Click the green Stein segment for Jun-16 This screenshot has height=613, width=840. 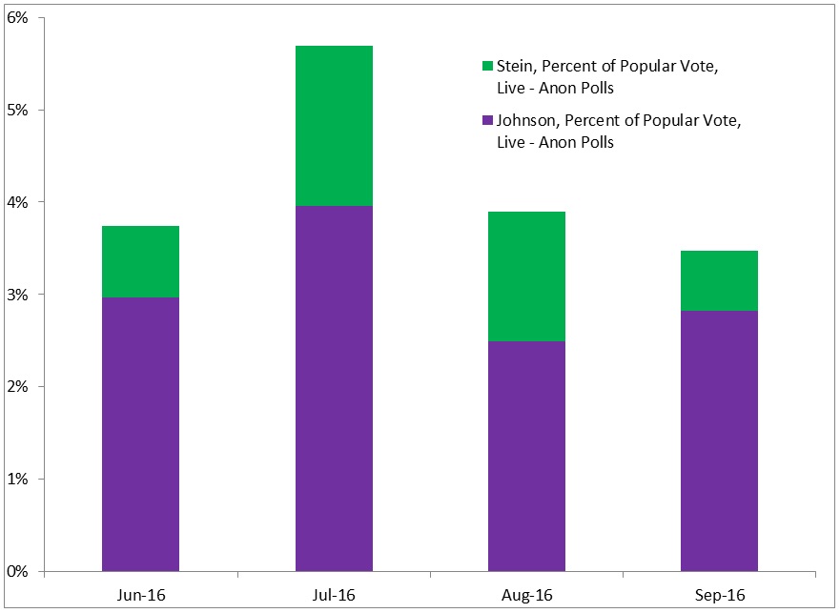click(x=140, y=261)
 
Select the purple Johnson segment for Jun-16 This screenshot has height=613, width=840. click(x=140, y=434)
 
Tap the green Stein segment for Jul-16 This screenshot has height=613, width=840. click(x=334, y=125)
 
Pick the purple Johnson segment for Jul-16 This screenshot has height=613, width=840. click(x=334, y=388)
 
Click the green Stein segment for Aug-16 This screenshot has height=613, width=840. click(x=526, y=276)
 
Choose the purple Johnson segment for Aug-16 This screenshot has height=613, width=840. click(x=526, y=456)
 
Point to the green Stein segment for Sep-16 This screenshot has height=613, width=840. click(x=719, y=280)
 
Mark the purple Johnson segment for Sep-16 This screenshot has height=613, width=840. click(x=719, y=440)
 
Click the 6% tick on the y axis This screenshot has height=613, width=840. click(x=20, y=18)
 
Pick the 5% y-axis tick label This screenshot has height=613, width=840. click(x=20, y=111)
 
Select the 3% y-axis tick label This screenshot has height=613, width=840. click(x=20, y=295)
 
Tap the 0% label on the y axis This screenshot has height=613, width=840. click(x=20, y=571)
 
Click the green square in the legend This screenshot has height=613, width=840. click(x=488, y=66)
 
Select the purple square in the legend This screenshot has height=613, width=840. click(x=488, y=121)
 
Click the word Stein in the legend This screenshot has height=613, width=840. click(x=514, y=66)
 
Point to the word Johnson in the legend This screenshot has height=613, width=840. click(x=525, y=121)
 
